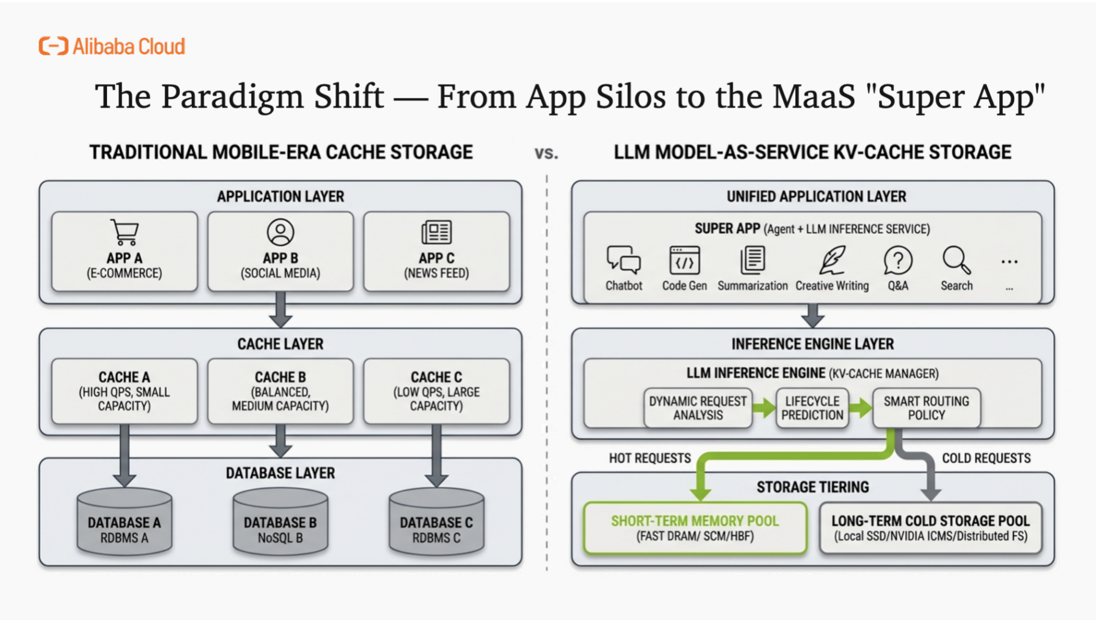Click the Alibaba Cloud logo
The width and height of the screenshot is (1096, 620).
(x=112, y=46)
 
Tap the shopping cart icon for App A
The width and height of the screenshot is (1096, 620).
(x=125, y=232)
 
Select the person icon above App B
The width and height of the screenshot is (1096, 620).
(x=280, y=232)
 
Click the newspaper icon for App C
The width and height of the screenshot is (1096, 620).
(x=436, y=232)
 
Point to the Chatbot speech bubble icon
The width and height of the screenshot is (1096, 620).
(x=623, y=260)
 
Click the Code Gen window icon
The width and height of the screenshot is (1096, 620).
(x=685, y=260)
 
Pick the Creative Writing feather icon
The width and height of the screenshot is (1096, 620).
(x=832, y=260)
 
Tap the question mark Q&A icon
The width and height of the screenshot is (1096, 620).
(x=898, y=260)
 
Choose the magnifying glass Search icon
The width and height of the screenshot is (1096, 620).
(x=956, y=260)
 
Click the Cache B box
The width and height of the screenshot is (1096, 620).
(x=280, y=391)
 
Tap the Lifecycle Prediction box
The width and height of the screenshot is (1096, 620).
(x=812, y=408)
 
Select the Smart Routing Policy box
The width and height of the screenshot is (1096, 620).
(x=926, y=408)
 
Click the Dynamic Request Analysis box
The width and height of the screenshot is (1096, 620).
(x=698, y=408)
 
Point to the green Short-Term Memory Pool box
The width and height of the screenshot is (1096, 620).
(x=695, y=528)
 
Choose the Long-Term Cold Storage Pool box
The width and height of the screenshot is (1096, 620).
(x=931, y=528)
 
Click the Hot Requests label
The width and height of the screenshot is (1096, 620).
(x=650, y=458)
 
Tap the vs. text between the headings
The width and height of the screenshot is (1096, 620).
(x=546, y=153)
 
